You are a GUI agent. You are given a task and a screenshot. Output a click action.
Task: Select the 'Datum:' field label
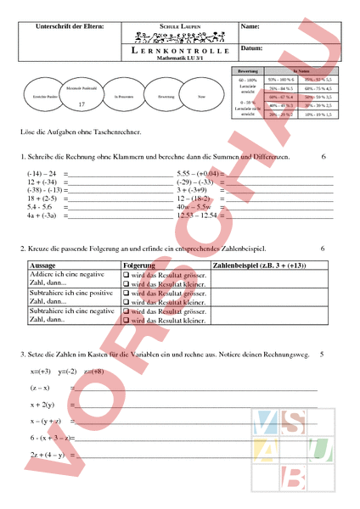(x=253, y=49)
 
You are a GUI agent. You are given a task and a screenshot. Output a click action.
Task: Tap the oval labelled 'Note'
(x=200, y=98)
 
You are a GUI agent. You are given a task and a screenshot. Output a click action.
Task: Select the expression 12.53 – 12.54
(x=196, y=215)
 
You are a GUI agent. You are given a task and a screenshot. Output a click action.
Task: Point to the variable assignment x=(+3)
(x=41, y=372)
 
